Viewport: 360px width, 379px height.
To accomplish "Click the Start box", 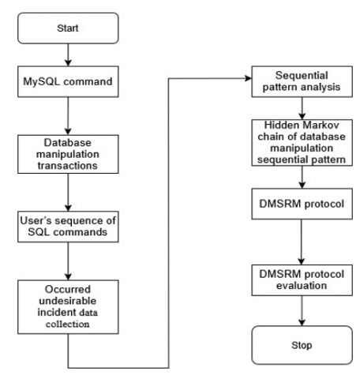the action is click(x=68, y=28).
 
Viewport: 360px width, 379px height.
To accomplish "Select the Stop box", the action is click(x=302, y=345).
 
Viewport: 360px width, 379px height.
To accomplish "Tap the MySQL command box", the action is click(x=68, y=81).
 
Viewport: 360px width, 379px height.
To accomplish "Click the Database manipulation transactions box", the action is click(x=68, y=154).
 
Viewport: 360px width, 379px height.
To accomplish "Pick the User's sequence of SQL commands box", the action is click(x=68, y=227).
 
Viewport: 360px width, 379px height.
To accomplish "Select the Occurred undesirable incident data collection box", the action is click(x=68, y=307).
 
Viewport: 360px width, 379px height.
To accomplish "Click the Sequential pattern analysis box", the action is click(x=302, y=81).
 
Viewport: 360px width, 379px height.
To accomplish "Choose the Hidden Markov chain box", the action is click(x=302, y=143).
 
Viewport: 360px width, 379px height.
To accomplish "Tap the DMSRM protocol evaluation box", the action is click(x=302, y=280).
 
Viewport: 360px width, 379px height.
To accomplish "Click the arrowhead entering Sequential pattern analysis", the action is click(x=249, y=78).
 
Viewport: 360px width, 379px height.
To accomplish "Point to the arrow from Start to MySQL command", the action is click(x=68, y=54).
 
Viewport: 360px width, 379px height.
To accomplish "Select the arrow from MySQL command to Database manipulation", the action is click(x=68, y=116).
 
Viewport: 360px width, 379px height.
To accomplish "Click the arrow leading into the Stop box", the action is click(x=302, y=311).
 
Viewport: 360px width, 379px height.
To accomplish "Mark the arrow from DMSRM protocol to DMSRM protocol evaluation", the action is click(x=302, y=242).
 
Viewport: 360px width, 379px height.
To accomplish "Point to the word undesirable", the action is click(x=68, y=301).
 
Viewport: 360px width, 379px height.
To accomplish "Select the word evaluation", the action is click(x=302, y=286).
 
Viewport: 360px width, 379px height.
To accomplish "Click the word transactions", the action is click(x=68, y=166).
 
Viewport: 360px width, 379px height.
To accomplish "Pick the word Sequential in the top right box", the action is click(x=302, y=76).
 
